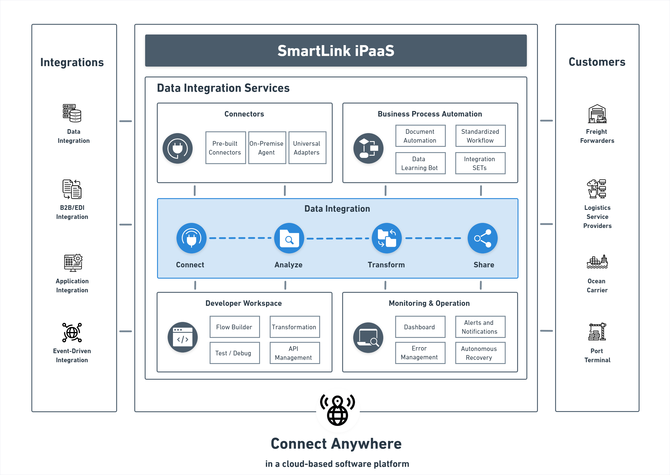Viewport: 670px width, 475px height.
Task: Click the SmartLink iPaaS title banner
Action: [x=336, y=51]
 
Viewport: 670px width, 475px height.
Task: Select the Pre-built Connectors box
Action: [x=225, y=148]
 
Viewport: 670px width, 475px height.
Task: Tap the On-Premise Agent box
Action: [x=267, y=148]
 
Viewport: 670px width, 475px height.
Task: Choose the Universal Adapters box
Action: [x=307, y=148]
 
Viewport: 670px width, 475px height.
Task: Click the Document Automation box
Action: [x=420, y=136]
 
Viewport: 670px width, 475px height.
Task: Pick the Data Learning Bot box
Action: [x=420, y=163]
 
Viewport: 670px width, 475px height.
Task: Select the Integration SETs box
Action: [x=480, y=163]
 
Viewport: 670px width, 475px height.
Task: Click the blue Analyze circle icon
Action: [x=289, y=238]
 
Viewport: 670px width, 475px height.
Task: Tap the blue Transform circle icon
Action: [x=386, y=238]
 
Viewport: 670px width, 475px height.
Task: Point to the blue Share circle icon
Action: [x=482, y=238]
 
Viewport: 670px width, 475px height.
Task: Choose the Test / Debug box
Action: [x=235, y=353]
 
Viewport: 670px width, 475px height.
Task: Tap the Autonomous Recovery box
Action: [x=480, y=353]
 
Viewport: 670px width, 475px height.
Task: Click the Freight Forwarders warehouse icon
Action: [x=597, y=114]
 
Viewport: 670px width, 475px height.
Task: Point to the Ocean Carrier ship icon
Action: [x=597, y=262]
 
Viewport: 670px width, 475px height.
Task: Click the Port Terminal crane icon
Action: [x=597, y=332]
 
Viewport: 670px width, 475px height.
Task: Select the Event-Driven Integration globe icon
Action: [x=72, y=332]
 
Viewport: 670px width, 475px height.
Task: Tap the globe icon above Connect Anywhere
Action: [x=338, y=411]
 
